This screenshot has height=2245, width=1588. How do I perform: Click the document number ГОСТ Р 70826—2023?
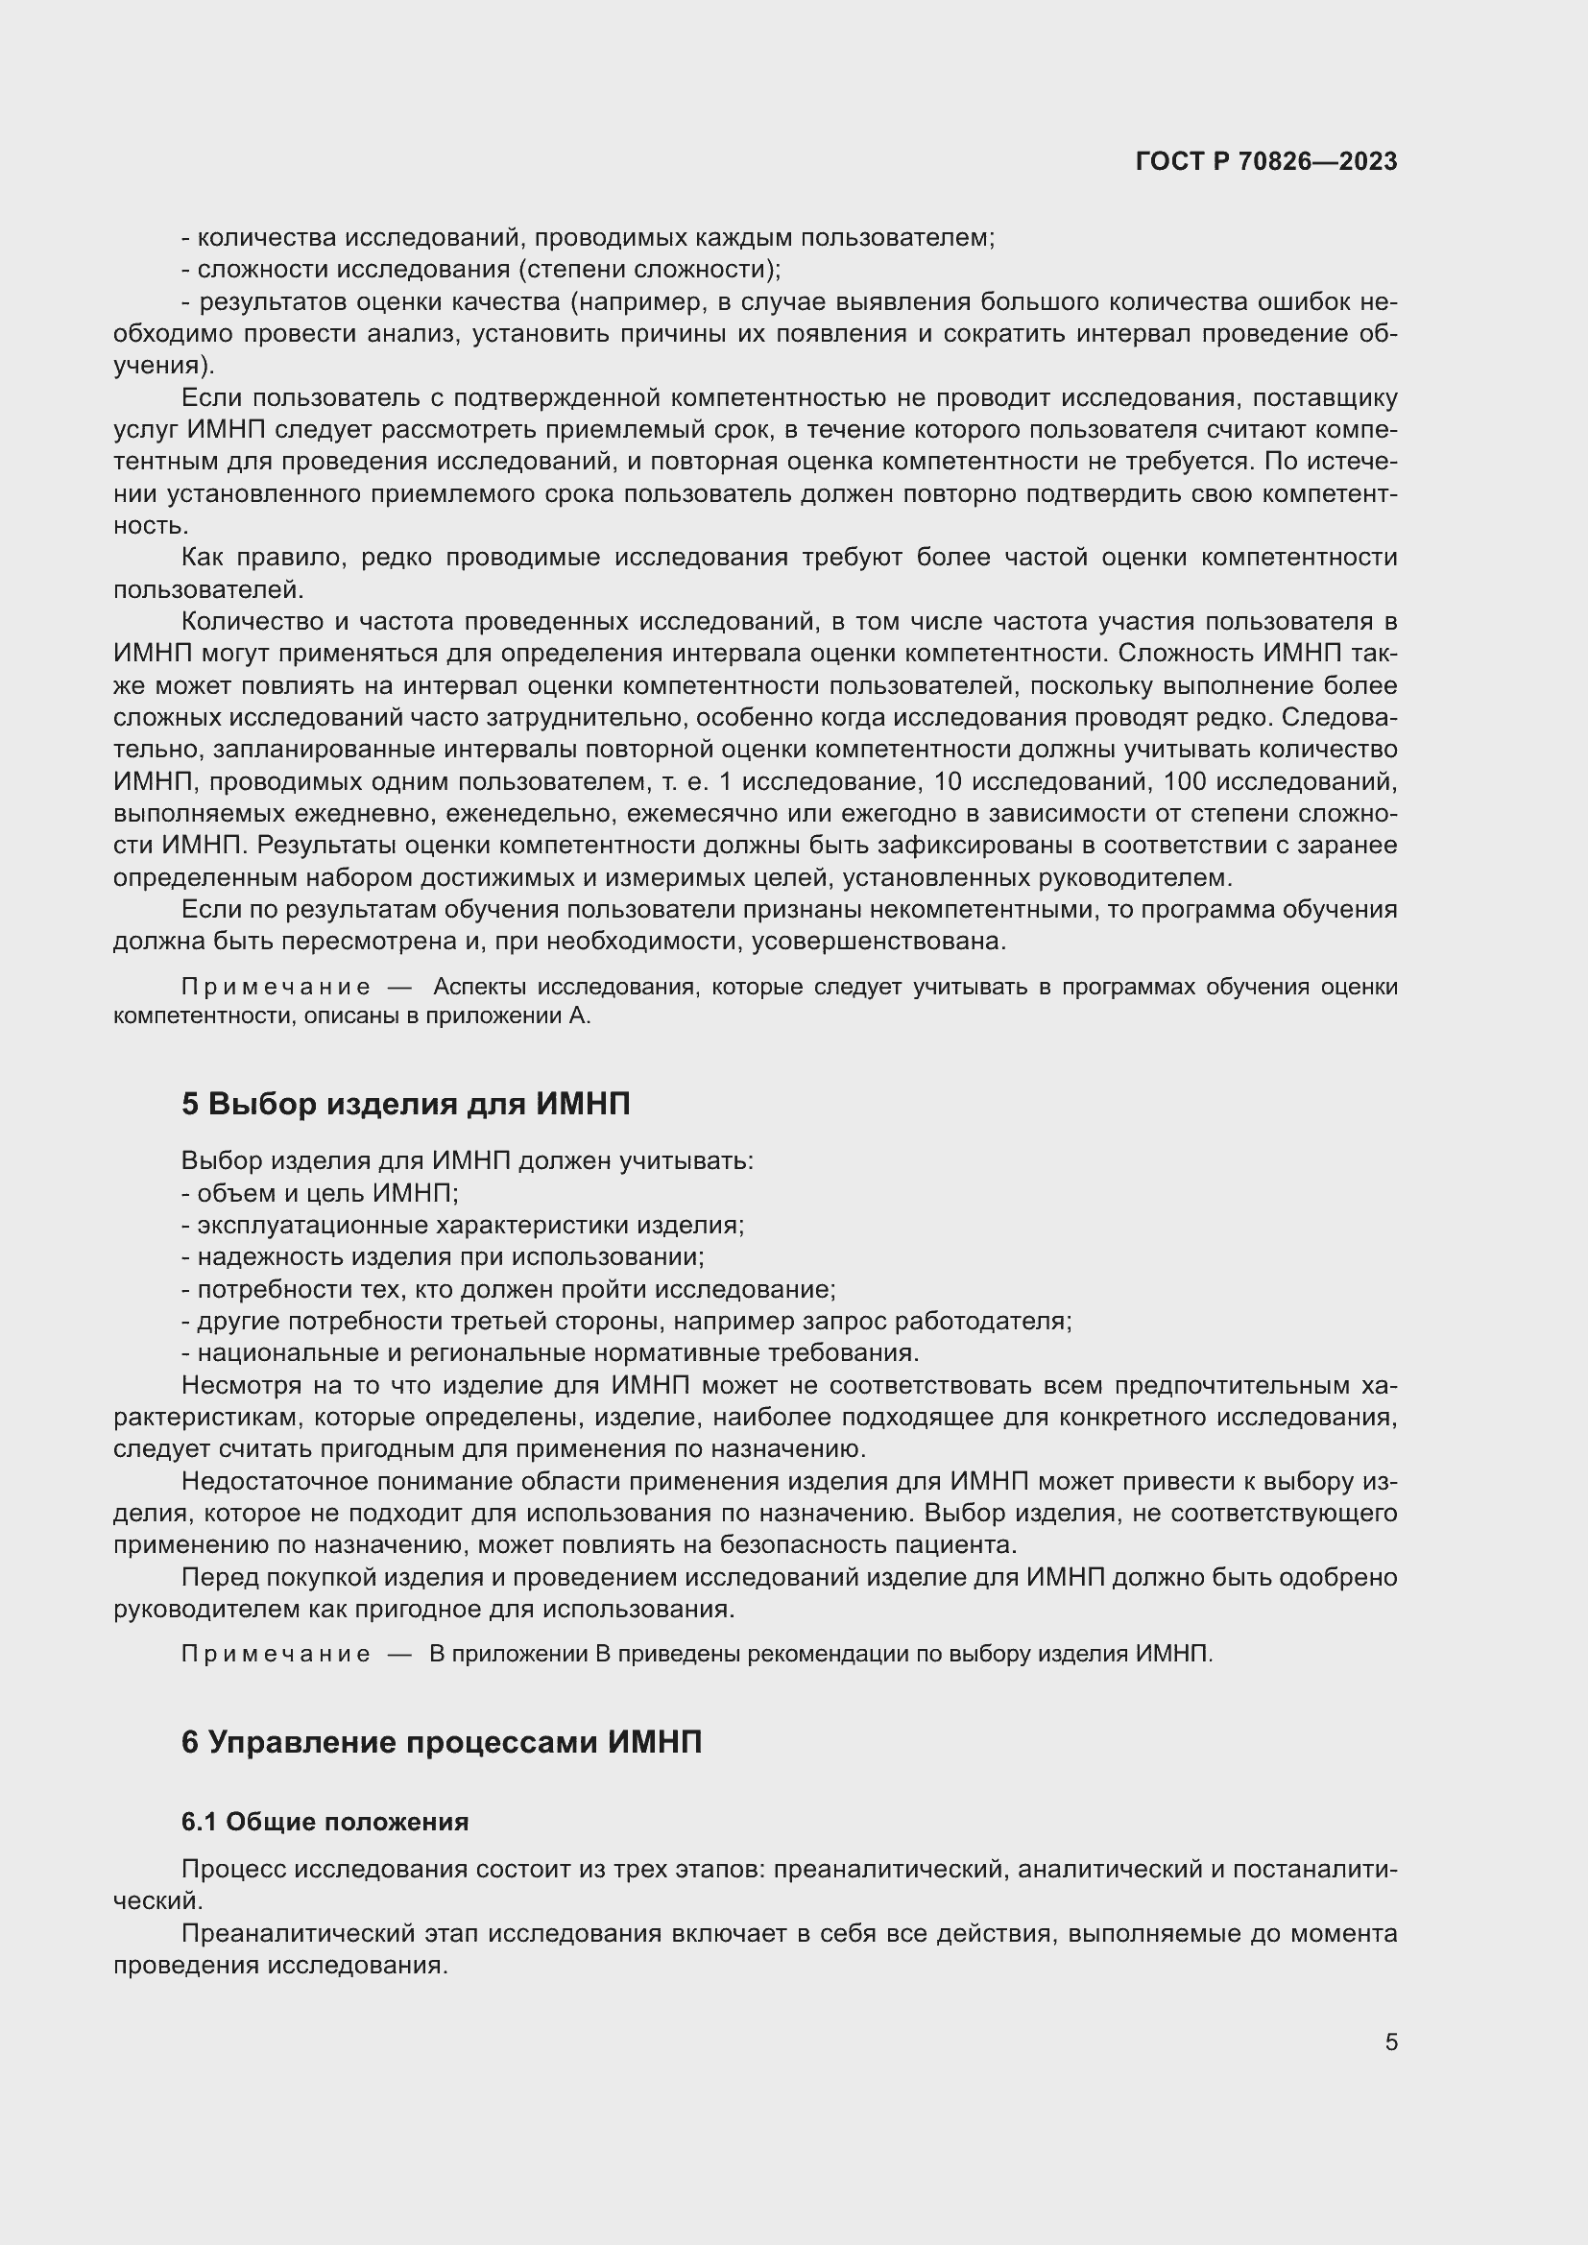click(1266, 162)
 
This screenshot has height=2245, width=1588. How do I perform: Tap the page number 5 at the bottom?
click(1390, 2042)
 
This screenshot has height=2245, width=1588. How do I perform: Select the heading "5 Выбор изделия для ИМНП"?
click(406, 1105)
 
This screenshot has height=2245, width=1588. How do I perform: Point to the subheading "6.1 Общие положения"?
click(325, 1822)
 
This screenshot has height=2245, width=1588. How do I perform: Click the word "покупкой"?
click(333, 1577)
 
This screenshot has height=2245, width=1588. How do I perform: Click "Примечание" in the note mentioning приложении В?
click(276, 1654)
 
